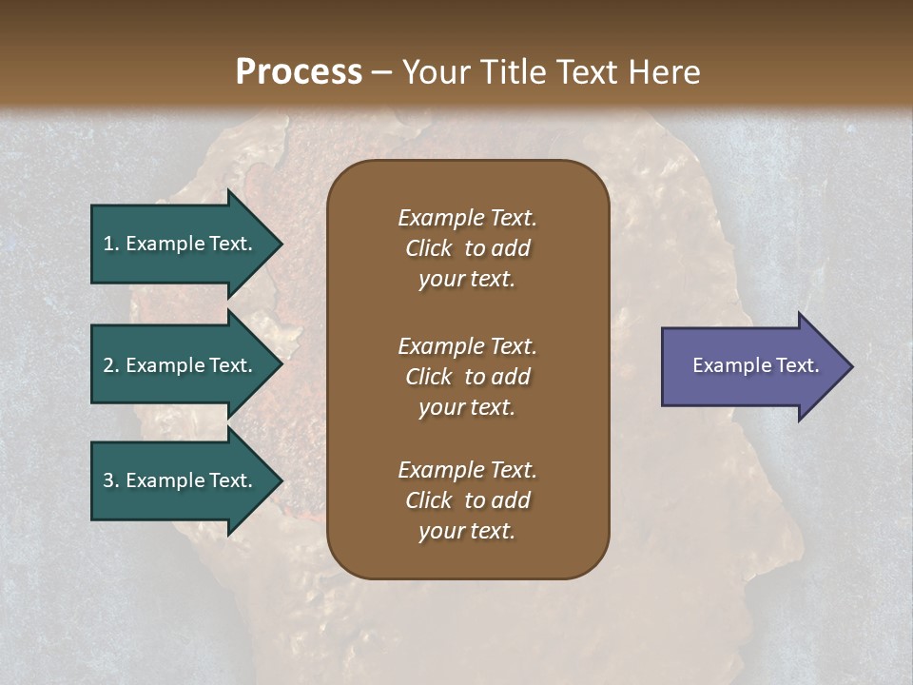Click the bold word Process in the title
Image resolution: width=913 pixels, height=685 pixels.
pos(299,72)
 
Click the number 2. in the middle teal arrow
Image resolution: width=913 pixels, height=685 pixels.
pos(110,365)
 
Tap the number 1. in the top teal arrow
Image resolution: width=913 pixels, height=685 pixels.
pos(110,244)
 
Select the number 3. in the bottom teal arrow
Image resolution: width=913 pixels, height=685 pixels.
pos(110,480)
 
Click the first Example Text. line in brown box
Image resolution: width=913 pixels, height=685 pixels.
pos(467,218)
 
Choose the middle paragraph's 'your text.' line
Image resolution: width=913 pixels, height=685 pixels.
pos(467,407)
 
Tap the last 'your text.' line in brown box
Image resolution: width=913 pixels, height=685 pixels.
pos(467,531)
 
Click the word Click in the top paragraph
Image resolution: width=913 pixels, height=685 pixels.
pos(428,248)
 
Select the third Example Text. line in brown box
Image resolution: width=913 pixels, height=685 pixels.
pos(467,470)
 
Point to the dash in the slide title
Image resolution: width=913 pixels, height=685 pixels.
pos(382,73)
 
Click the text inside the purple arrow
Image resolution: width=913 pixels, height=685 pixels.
pos(755,365)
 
